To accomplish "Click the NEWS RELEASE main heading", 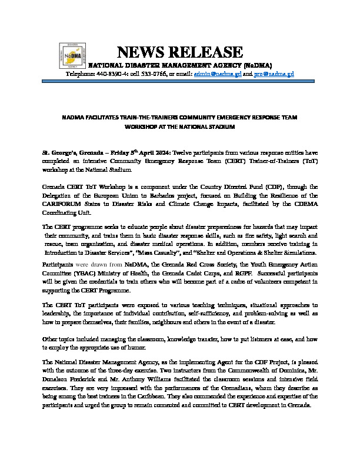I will pos(180,52).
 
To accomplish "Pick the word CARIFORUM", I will pos(63,204).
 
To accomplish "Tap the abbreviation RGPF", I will pos(246,273).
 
